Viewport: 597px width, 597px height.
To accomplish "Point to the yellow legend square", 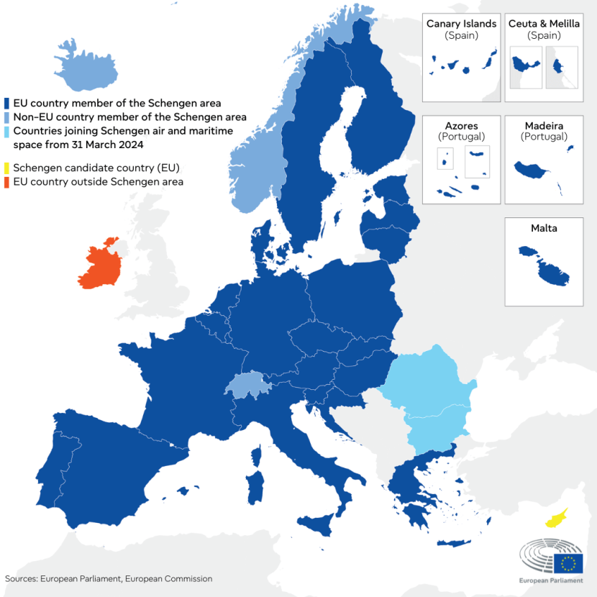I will tap(6, 168).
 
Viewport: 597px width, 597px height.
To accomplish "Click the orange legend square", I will tap(6, 182).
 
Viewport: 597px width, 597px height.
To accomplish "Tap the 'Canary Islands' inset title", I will tap(461, 24).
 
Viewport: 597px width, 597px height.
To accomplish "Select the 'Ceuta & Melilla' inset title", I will tap(544, 24).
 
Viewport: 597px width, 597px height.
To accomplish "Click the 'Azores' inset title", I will tap(461, 126).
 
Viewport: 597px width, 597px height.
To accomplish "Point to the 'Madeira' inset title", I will tap(544, 126).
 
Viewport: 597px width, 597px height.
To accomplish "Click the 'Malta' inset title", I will tap(544, 228).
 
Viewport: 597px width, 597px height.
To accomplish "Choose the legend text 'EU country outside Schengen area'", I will tap(98, 182).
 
